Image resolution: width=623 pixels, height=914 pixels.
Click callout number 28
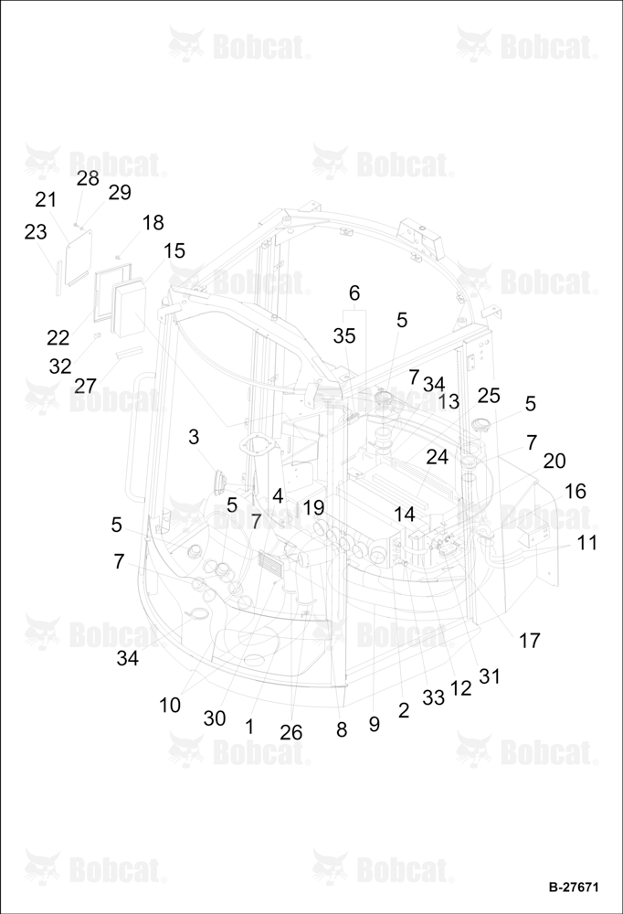coord(88,178)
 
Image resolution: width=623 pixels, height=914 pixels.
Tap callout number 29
coord(120,192)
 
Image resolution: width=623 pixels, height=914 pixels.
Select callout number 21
coord(46,199)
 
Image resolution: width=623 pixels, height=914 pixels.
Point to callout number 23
coord(35,232)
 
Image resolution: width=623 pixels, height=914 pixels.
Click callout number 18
coord(153,223)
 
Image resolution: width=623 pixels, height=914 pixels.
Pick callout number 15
coord(174,250)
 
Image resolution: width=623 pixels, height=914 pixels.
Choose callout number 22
coord(58,337)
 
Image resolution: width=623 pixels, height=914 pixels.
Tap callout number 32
coord(60,367)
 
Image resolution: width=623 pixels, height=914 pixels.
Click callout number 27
coord(85,386)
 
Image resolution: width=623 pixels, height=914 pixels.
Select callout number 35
coord(344,335)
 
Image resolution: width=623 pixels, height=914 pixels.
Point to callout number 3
coord(194,437)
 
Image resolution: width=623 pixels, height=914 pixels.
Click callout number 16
coord(575,492)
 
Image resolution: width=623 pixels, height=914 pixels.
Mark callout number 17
coord(530,641)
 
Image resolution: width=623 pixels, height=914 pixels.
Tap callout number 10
coord(170,706)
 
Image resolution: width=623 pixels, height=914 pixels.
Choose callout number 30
coord(215,718)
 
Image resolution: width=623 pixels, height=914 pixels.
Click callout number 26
coord(291,733)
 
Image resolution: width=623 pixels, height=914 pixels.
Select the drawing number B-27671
coord(574,887)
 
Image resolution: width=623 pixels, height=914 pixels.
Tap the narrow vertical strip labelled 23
coord(58,279)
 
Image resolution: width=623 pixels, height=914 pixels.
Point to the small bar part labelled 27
coord(128,352)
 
